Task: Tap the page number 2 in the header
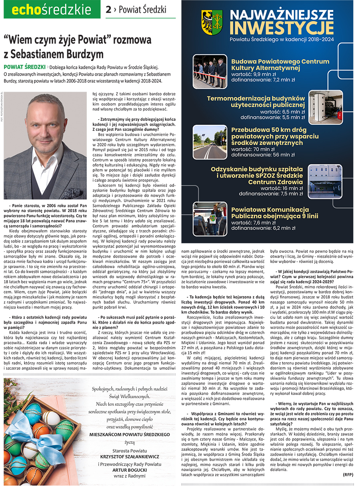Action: tap(108, 10)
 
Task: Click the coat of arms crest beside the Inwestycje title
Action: tap(212, 22)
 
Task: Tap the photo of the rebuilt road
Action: tap(210, 142)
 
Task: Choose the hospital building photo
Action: tap(325, 180)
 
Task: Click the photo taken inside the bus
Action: tap(210, 218)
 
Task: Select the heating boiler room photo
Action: tap(325, 106)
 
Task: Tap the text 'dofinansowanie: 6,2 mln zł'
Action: tap(263, 228)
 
